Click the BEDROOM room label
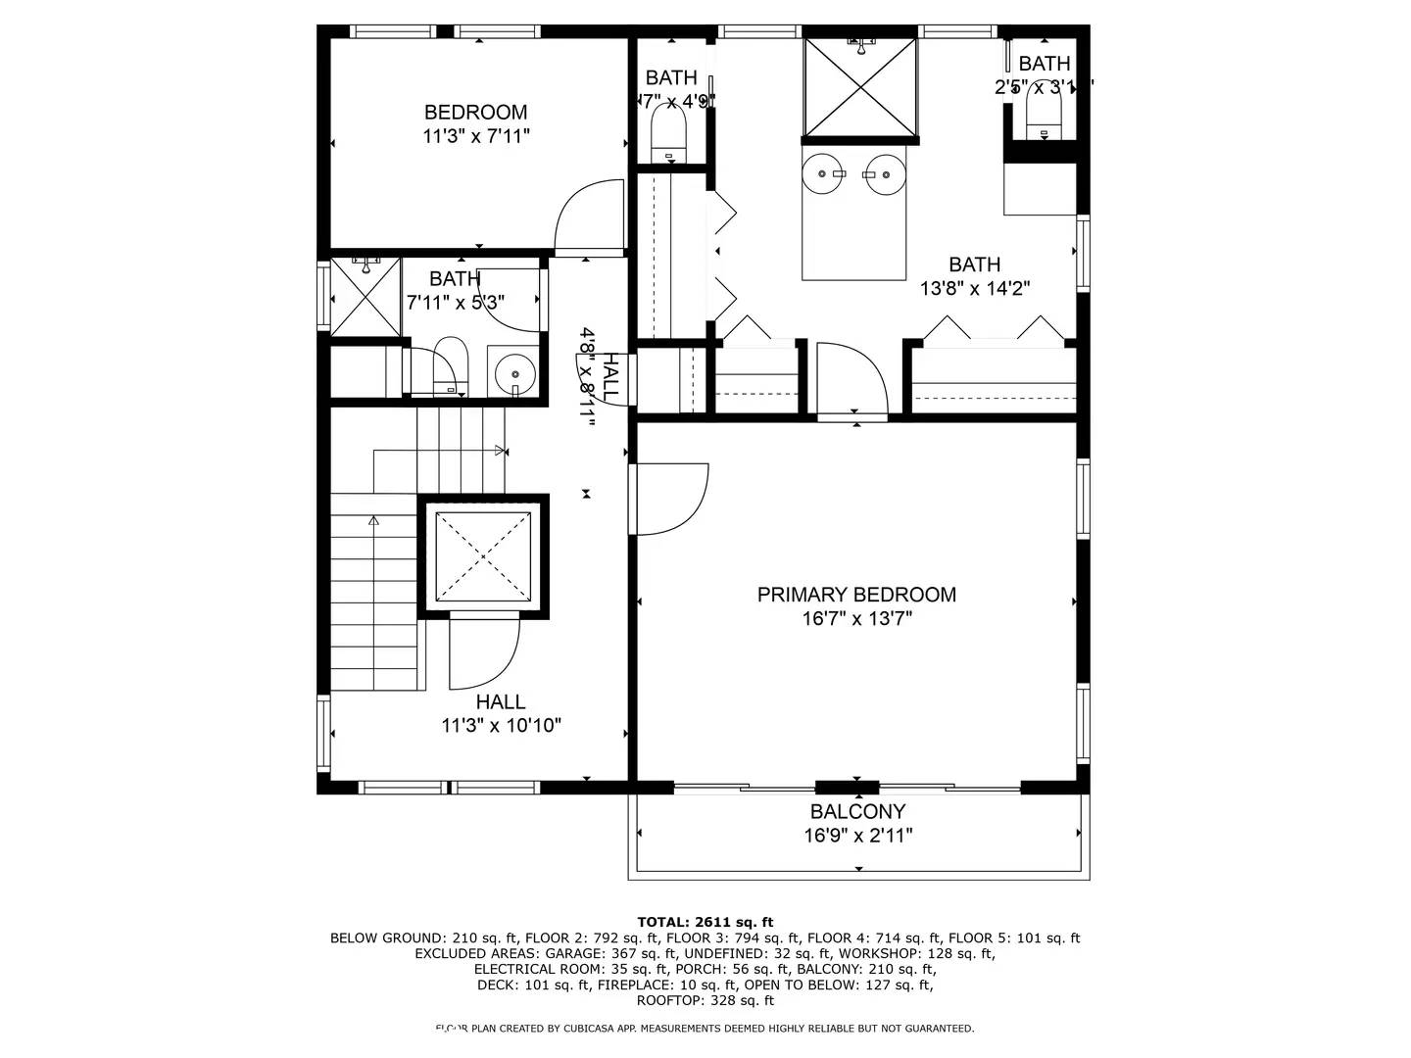[475, 113]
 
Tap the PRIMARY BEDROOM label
[856, 595]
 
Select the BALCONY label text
[857, 812]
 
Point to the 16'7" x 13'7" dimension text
[856, 619]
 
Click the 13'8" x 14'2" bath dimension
[974, 289]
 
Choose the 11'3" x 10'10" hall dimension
[501, 726]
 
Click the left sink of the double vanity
[821, 174]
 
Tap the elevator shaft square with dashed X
[483, 556]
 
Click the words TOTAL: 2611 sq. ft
[705, 922]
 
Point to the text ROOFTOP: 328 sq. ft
[705, 1000]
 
